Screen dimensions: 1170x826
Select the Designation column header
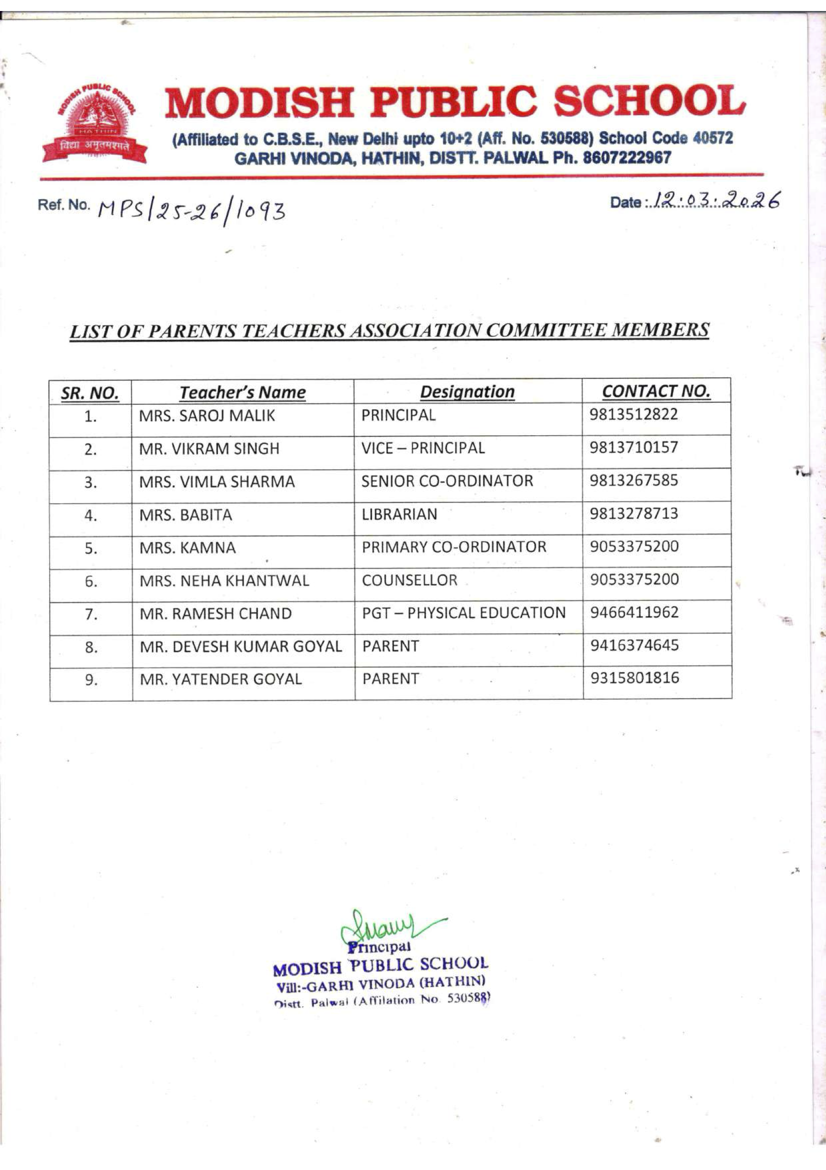[x=467, y=391]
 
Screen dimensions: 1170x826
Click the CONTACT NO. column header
[x=656, y=391]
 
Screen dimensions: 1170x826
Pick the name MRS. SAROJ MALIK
[x=207, y=416]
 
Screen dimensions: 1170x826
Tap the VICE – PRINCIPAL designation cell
[x=422, y=448]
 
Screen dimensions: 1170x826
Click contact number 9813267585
[x=634, y=480]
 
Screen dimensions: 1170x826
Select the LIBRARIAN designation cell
[x=399, y=514]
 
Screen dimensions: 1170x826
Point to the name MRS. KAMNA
[x=187, y=548]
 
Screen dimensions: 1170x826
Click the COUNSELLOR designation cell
[x=409, y=580]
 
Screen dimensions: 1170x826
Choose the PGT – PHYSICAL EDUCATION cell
[x=463, y=613]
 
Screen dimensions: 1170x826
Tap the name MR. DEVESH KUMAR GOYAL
[x=240, y=646]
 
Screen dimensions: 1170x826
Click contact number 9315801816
[x=634, y=678]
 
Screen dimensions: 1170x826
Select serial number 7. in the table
[x=90, y=615]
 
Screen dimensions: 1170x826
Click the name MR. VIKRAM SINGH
[x=209, y=448]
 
